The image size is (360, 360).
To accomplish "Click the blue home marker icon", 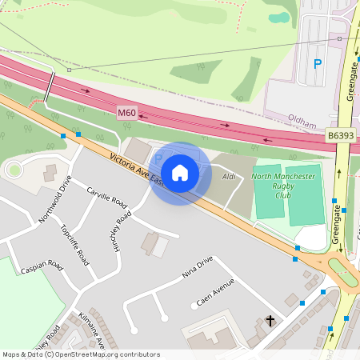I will (180, 173).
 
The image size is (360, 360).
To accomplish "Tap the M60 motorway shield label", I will (127, 114).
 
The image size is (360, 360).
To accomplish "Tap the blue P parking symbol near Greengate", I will (318, 64).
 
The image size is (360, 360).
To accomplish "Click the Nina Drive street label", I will (198, 267).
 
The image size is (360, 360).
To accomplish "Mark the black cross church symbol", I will (270, 322).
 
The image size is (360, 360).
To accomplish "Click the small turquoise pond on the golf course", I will (279, 18).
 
